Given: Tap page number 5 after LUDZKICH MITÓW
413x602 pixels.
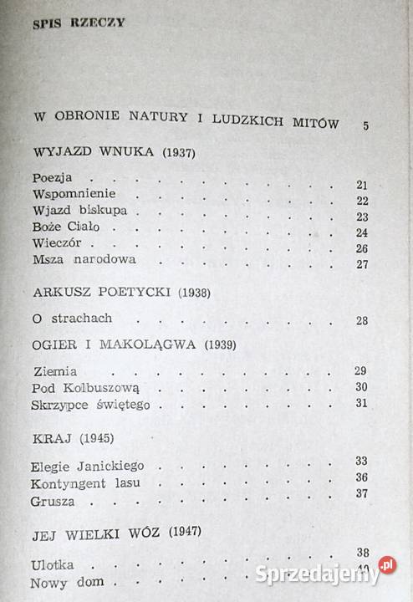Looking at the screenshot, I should click(366, 126).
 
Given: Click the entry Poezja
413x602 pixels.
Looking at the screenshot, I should click(54, 178).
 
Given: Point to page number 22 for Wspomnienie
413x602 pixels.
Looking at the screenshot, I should click(362, 201).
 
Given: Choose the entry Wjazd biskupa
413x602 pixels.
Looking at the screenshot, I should click(74, 210).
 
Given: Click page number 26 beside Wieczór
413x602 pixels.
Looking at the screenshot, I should click(361, 248).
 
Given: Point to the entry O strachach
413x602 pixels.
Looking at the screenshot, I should click(73, 319).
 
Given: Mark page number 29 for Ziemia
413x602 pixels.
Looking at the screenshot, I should click(361, 371).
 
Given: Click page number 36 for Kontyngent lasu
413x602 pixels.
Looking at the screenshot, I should click(361, 478).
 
